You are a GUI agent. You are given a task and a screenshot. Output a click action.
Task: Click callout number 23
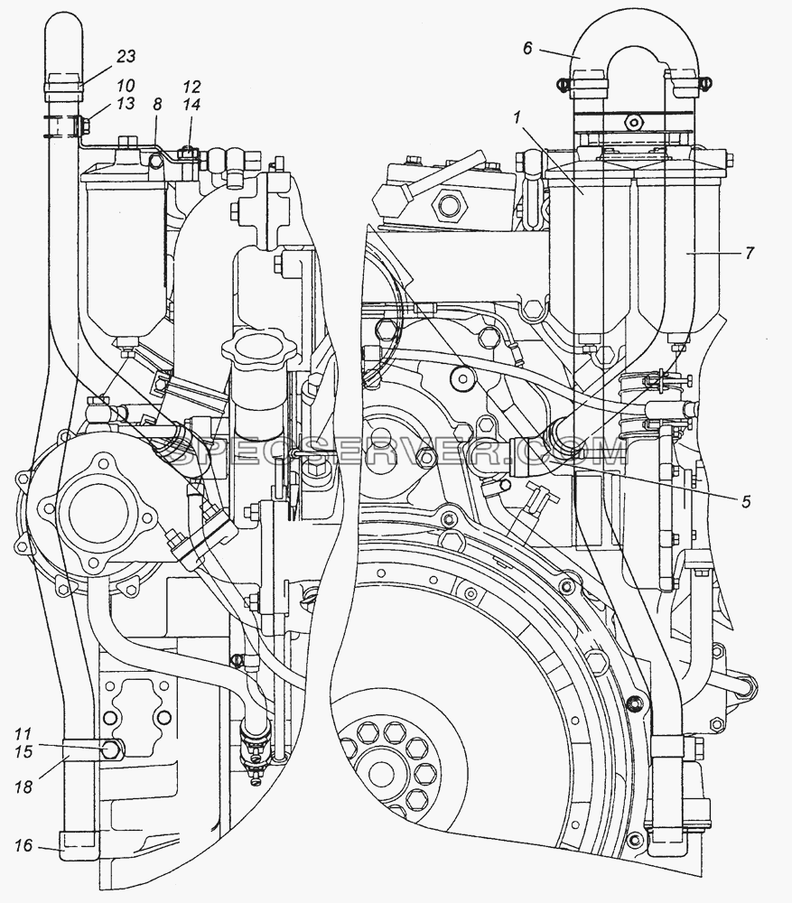(126, 56)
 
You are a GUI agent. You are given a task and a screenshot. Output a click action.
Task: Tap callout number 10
(125, 86)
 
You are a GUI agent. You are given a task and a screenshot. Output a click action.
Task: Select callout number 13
(125, 103)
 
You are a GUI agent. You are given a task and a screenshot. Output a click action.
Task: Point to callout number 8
(157, 104)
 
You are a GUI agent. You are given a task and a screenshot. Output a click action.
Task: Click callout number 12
(191, 87)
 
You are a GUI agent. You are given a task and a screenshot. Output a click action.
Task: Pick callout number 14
(191, 104)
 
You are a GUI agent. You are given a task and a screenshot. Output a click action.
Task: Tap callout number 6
(527, 49)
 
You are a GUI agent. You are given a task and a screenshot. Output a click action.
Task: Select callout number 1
(517, 118)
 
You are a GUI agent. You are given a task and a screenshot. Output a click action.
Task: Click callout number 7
(749, 253)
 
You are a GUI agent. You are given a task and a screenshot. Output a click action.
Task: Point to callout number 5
(746, 501)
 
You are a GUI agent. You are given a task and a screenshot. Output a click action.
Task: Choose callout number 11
(23, 734)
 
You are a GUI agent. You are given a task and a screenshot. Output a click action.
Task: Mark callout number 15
(23, 751)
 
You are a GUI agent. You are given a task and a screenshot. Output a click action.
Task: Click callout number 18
(23, 787)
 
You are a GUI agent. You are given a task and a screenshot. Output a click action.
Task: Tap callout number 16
(23, 846)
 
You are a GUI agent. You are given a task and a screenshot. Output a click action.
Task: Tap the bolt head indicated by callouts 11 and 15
(111, 749)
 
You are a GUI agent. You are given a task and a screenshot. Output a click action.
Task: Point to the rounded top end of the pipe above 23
(63, 29)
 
